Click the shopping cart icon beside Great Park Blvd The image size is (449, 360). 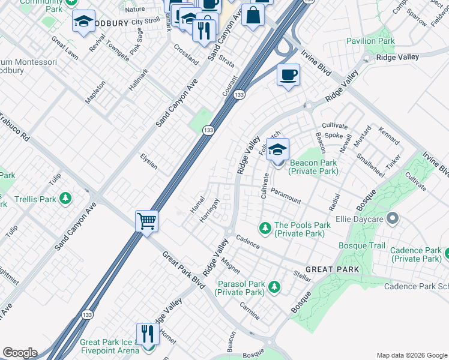point(146,221)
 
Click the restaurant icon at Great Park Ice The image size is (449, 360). point(148,334)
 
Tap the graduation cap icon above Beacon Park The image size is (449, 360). point(277,149)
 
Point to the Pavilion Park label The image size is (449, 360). point(370,41)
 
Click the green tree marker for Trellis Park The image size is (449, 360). point(65,199)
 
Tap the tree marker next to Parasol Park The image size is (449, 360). point(274,287)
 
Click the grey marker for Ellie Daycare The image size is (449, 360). point(393,218)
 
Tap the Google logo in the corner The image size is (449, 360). point(19,353)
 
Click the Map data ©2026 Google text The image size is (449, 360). point(411,355)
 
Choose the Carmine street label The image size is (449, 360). point(250,311)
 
